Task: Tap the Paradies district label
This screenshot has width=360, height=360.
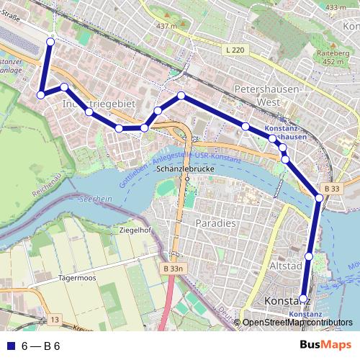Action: coord(216,223)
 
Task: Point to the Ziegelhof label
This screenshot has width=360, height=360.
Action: coord(135,230)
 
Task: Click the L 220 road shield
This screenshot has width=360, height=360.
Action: coord(235,50)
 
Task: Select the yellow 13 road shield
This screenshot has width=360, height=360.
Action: coord(55,318)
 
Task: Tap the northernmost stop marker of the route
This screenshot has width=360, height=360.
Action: coord(50,42)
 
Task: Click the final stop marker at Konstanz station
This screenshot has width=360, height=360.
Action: coord(303,297)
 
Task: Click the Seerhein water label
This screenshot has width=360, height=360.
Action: coord(96,198)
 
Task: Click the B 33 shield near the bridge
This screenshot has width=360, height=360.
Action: coord(330,188)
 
